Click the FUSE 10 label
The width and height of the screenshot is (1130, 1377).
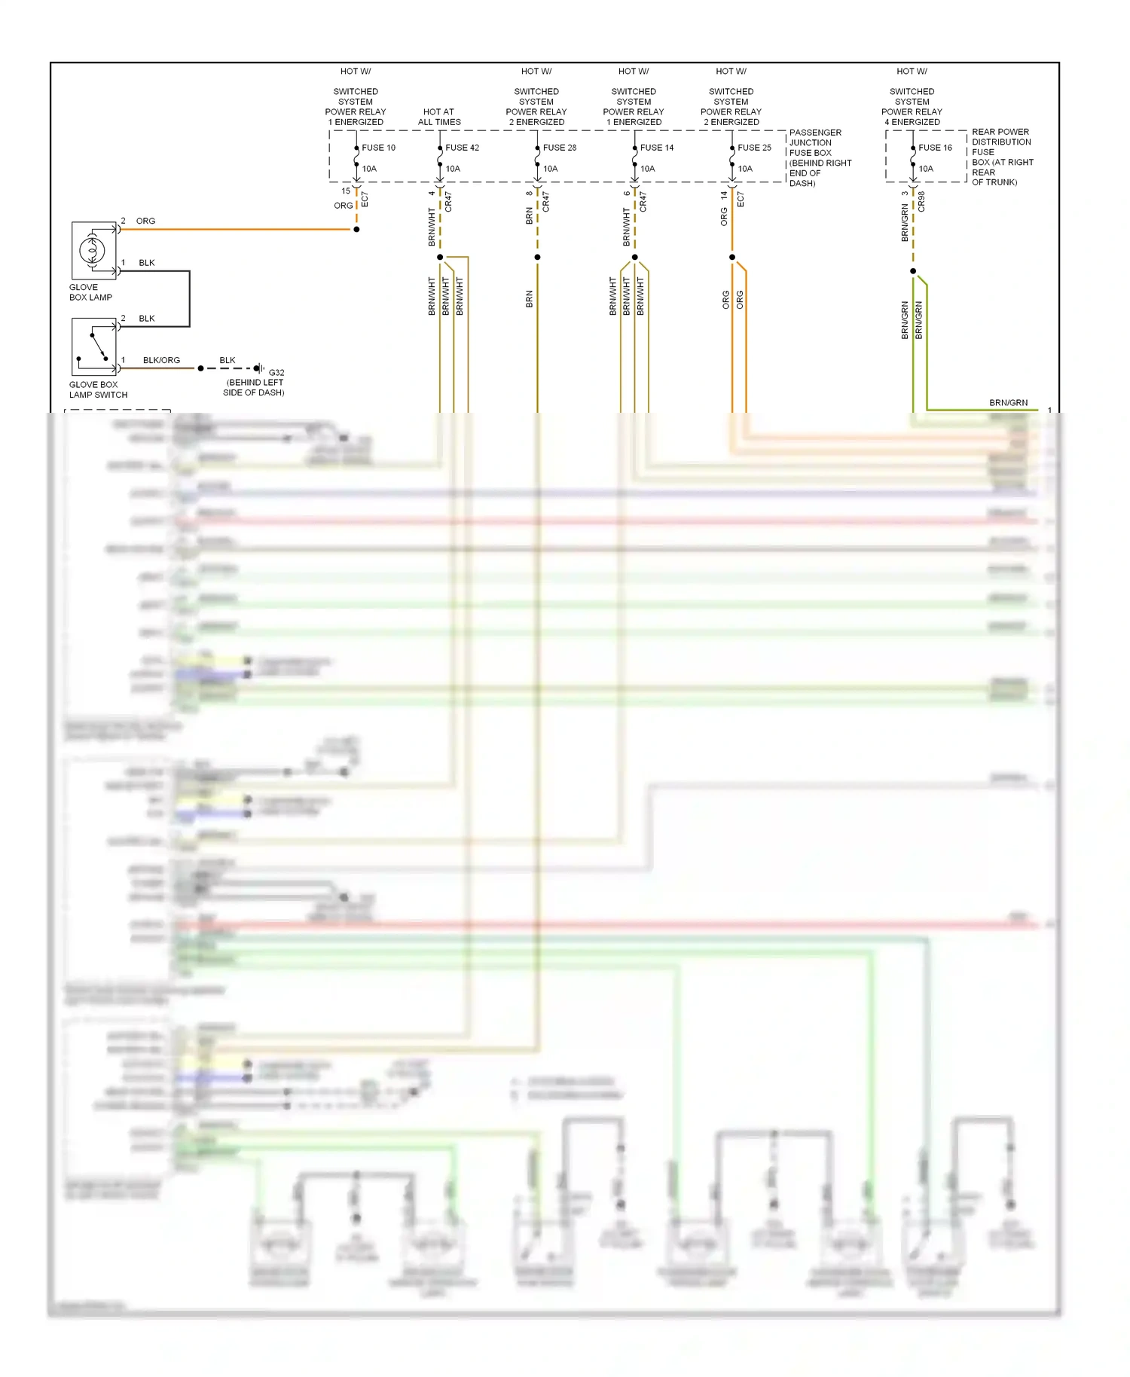[x=378, y=148]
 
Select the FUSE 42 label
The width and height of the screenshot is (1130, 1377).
[x=462, y=148]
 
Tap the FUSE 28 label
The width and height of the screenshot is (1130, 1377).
[x=559, y=148]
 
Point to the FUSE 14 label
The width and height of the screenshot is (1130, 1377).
[x=657, y=148]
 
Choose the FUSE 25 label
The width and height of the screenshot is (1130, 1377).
[x=754, y=148]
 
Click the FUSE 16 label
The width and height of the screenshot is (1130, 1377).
[x=935, y=148]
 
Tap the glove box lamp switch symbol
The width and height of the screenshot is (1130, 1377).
[x=94, y=347]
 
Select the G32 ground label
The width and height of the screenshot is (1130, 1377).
[x=276, y=373]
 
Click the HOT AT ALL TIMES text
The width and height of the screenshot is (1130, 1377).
[x=439, y=117]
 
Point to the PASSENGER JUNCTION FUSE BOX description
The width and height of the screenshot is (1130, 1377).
[x=820, y=157]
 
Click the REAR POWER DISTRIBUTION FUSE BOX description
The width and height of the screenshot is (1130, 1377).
[x=1002, y=157]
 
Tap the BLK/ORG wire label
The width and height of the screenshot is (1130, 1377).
[x=161, y=360]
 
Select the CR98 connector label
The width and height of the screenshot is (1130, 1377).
[x=922, y=201]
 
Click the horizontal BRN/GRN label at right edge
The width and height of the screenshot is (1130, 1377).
[x=1008, y=403]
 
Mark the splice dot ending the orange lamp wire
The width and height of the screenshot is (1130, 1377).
[x=356, y=229]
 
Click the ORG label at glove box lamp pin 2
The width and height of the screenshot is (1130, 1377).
[x=145, y=221]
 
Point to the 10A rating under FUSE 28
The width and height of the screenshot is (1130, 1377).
[x=551, y=169]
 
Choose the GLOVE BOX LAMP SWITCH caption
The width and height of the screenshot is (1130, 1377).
[x=98, y=389]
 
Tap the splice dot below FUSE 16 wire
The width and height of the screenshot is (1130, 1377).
[x=913, y=271]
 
